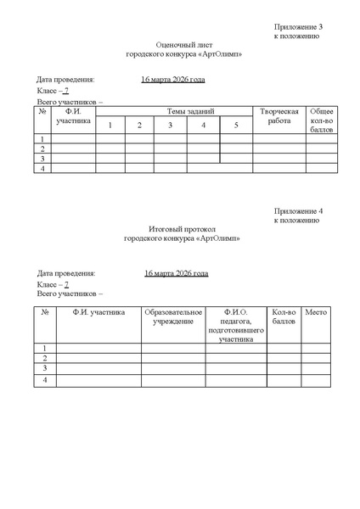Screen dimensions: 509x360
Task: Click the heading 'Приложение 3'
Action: [298, 27]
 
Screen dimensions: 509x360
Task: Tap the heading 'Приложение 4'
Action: [298, 210]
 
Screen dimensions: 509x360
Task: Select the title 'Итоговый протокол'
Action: [183, 229]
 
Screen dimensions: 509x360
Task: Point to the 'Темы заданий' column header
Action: [190, 112]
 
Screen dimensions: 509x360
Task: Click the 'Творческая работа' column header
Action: [278, 117]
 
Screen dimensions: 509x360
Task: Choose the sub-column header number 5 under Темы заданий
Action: [235, 126]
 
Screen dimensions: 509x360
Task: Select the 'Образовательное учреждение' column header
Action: [173, 317]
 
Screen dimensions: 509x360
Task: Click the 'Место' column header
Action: [315, 313]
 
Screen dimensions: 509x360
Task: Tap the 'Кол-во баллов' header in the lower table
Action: [284, 317]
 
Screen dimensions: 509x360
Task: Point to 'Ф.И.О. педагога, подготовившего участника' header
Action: [235, 326]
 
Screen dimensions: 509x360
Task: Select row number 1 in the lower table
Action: [44, 348]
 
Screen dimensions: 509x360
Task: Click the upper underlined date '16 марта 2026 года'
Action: [173, 81]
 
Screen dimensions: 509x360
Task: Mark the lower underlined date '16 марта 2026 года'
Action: [176, 273]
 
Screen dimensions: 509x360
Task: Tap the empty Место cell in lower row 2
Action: [315, 359]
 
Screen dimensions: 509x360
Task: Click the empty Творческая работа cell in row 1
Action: [278, 138]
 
